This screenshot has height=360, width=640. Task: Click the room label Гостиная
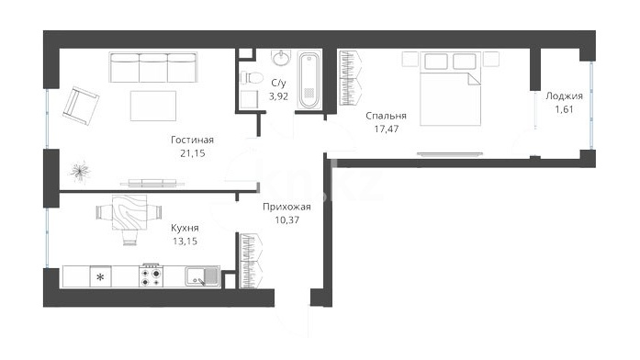pyautogui.click(x=192, y=140)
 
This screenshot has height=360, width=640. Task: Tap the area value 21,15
pyautogui.click(x=192, y=153)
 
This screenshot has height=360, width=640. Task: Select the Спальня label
pyautogui.click(x=387, y=116)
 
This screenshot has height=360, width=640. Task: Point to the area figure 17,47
pyautogui.click(x=387, y=129)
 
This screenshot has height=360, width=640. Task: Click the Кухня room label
pyautogui.click(x=185, y=228)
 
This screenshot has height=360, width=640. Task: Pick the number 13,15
pyautogui.click(x=185, y=242)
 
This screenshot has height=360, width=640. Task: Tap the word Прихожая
pyautogui.click(x=286, y=207)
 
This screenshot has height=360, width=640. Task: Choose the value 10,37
pyautogui.click(x=286, y=220)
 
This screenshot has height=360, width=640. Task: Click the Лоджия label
pyautogui.click(x=564, y=96)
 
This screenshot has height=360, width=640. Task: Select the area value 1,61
pyautogui.click(x=564, y=109)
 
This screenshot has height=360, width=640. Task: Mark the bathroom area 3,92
pyautogui.click(x=278, y=96)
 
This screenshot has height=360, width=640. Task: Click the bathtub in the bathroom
pyautogui.click(x=309, y=80)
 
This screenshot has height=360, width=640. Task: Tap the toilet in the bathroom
pyautogui.click(x=251, y=77)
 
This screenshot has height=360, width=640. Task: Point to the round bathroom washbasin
pyautogui.click(x=281, y=58)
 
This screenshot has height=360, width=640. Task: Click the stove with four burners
pyautogui.click(x=151, y=276)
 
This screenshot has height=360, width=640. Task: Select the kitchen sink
pyautogui.click(x=202, y=276)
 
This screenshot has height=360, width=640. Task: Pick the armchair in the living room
pyautogui.click(x=81, y=107)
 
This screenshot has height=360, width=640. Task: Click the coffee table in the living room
pyautogui.click(x=153, y=107)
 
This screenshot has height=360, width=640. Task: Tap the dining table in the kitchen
pyautogui.click(x=129, y=212)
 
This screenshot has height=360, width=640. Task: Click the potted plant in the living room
pyautogui.click(x=80, y=172)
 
